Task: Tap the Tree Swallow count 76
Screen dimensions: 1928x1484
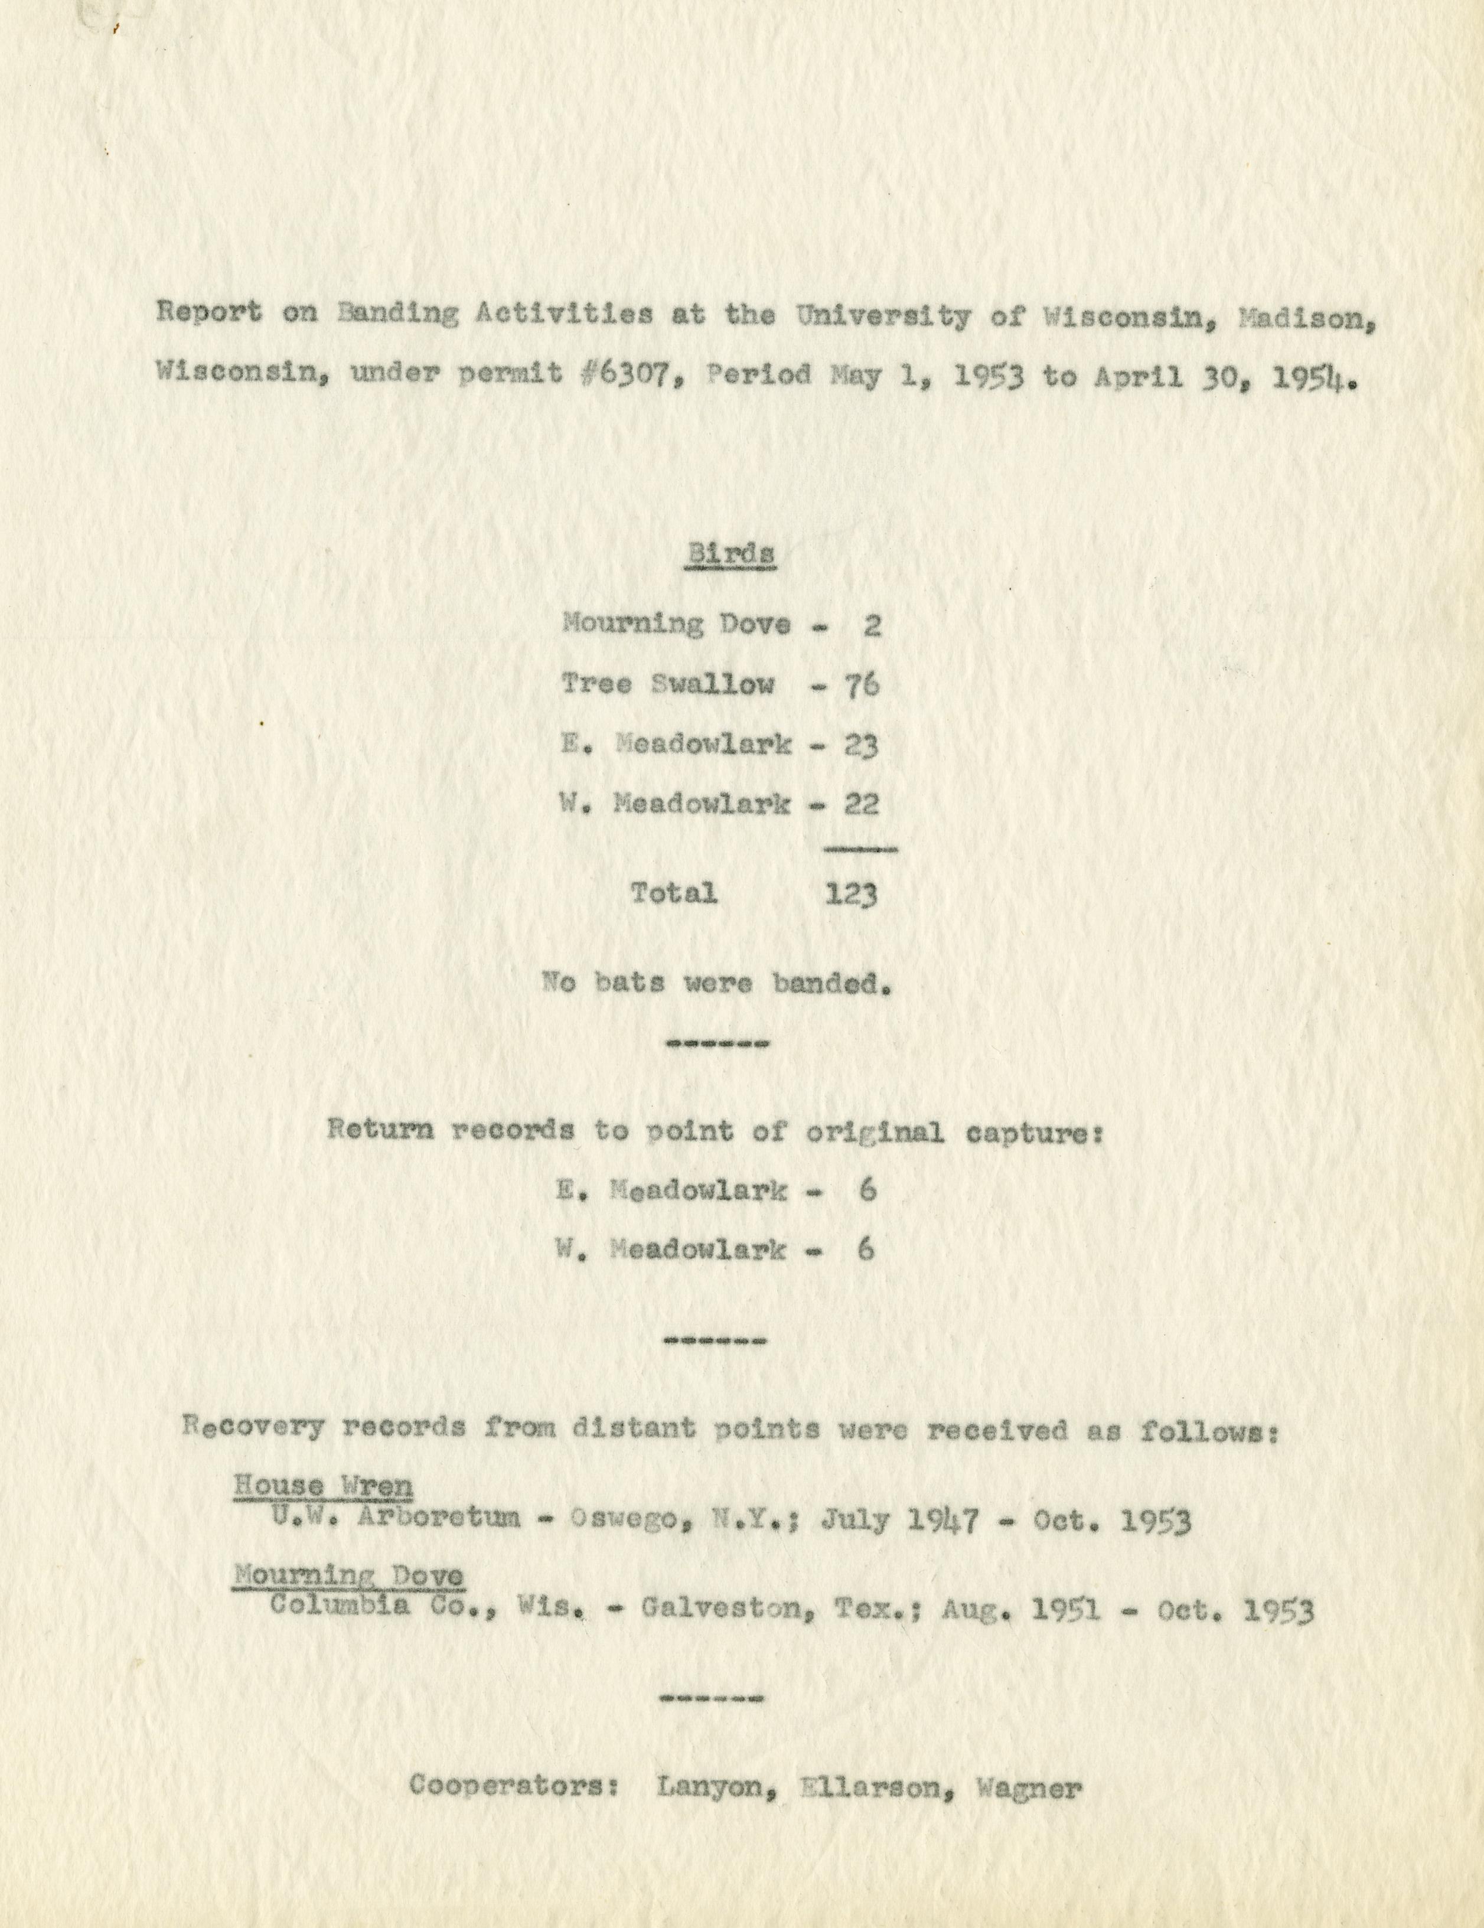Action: [861, 685]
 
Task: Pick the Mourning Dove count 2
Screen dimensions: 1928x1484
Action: [872, 626]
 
